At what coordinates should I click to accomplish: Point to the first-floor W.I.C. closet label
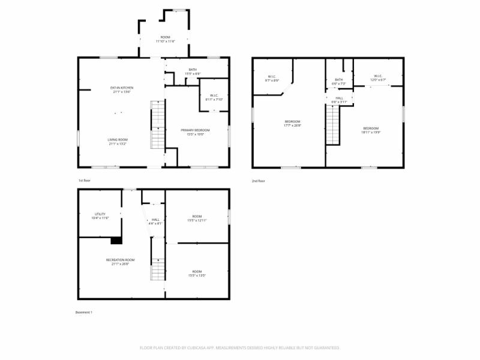214,97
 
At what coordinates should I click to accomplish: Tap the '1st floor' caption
84,180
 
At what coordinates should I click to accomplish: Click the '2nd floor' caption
258,181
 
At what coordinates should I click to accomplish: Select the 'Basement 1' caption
83,312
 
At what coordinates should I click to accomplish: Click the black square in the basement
116,241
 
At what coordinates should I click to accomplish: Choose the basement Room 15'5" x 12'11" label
197,218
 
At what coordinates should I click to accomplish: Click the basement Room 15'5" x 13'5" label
197,274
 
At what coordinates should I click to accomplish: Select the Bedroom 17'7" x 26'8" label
293,124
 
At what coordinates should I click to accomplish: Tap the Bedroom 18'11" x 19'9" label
371,130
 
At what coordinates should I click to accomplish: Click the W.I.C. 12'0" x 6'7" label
378,77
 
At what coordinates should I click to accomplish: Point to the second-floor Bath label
339,81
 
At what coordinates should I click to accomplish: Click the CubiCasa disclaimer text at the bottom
240,347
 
